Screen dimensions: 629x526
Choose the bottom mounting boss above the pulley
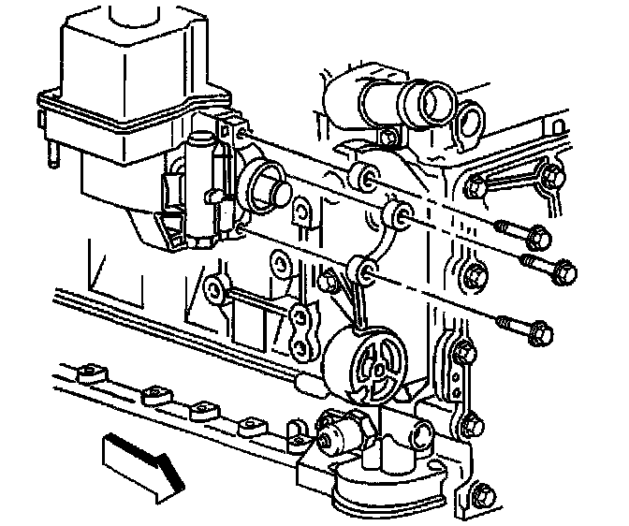[x=367, y=271]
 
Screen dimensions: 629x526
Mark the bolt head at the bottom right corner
[x=481, y=495]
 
